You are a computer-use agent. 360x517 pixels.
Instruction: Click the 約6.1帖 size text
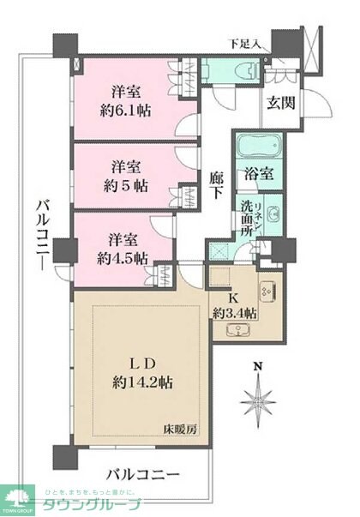tap(124, 110)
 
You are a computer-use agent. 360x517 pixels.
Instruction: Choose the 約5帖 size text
tap(125, 185)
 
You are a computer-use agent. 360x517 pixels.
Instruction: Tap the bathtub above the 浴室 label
tap(255, 144)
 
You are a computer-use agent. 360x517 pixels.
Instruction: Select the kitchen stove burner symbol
tap(266, 290)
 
